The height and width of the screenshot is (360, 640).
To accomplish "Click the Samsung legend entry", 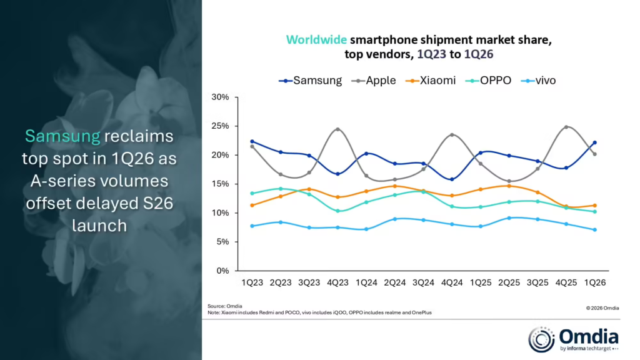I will [311, 81].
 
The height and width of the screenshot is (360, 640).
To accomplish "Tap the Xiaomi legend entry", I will [430, 81].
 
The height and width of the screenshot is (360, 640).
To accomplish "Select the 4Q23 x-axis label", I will [337, 283].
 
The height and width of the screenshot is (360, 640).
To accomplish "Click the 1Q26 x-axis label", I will [594, 283].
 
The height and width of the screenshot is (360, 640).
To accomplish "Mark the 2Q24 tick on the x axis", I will [394, 283].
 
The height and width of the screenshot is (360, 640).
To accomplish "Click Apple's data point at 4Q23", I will [337, 129].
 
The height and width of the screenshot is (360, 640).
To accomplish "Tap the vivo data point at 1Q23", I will [252, 226].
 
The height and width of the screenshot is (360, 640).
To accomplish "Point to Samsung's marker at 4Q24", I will [451, 179].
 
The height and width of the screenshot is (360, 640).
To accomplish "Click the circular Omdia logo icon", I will [541, 338].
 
